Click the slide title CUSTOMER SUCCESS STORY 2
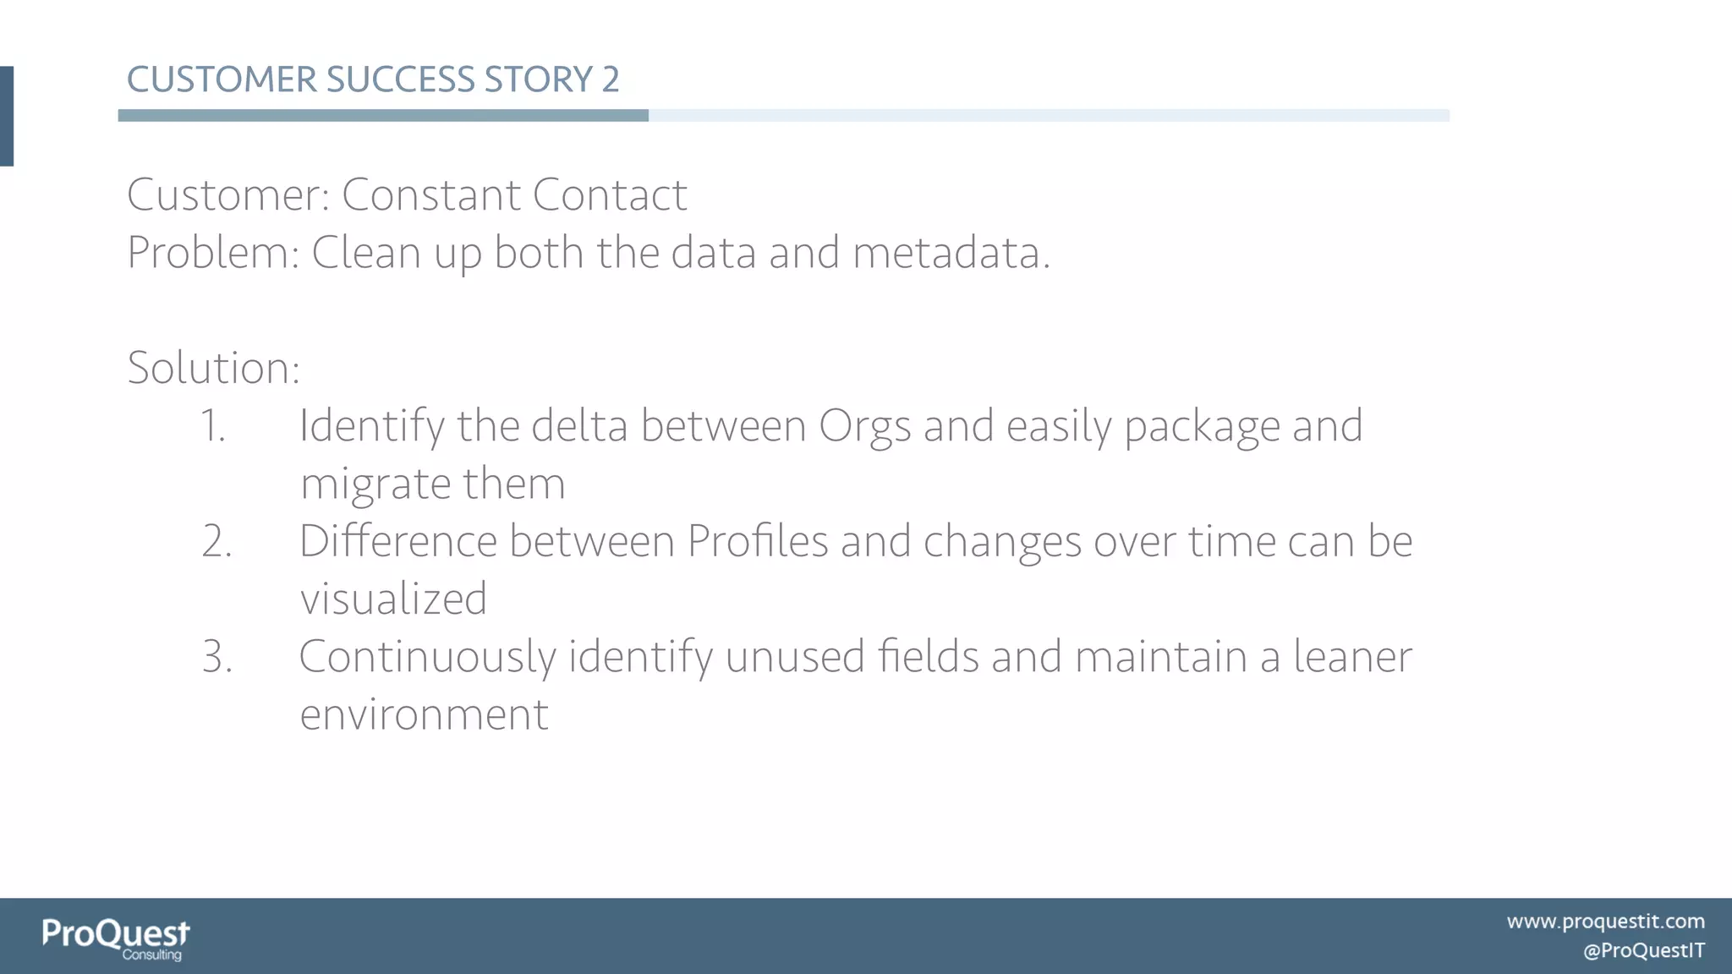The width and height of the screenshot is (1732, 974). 373,79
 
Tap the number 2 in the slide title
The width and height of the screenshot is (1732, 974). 611,79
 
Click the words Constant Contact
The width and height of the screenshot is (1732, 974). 514,195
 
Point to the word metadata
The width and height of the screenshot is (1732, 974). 951,253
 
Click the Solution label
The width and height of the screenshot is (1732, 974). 213,368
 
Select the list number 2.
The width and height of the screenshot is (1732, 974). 216,541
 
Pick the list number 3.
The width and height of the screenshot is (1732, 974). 216,656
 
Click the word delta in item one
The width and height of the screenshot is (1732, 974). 579,425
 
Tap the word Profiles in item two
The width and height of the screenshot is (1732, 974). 757,541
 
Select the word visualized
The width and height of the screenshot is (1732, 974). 393,599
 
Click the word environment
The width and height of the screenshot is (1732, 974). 424,714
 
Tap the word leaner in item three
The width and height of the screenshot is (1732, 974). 1352,656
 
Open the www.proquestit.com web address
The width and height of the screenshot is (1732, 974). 1605,921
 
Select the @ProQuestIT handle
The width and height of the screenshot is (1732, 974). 1643,950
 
